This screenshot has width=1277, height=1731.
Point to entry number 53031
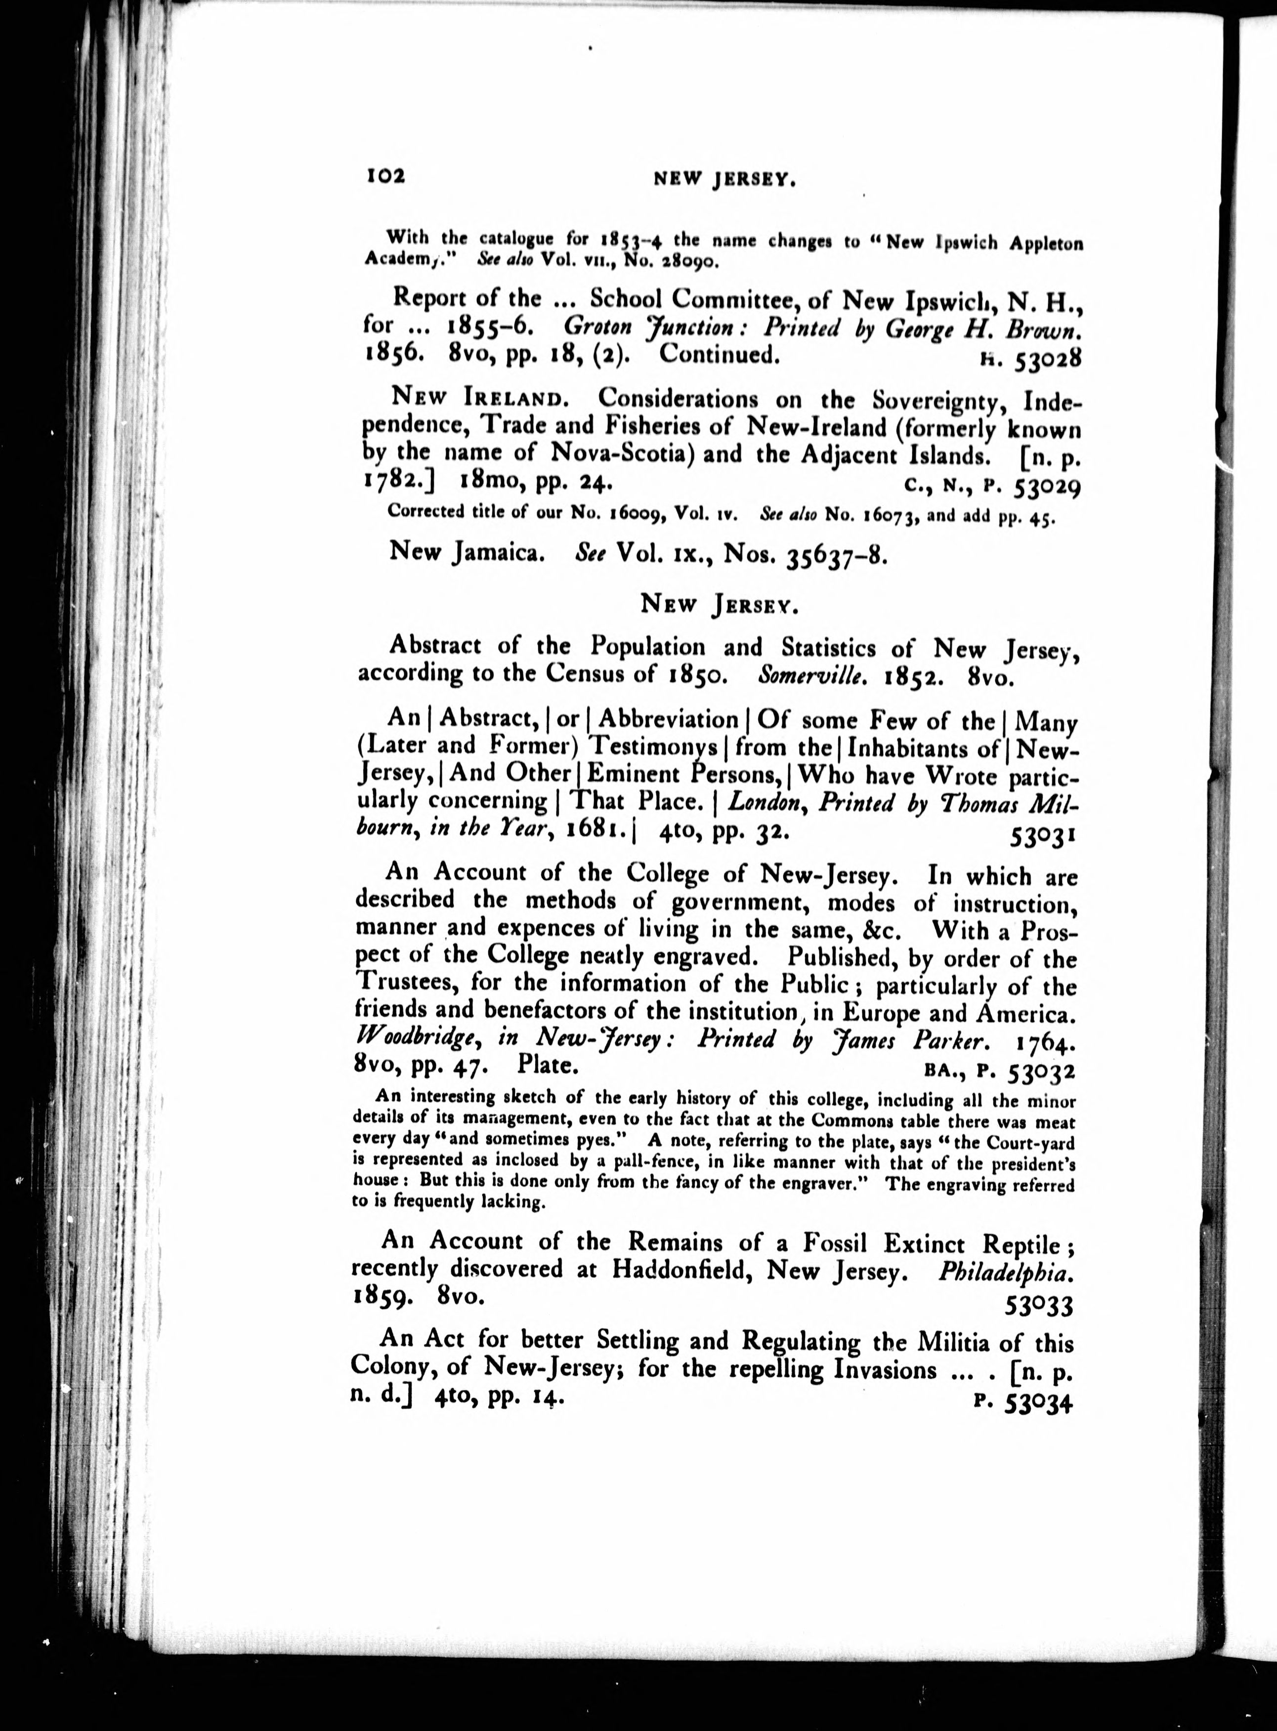pyautogui.click(x=1042, y=836)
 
